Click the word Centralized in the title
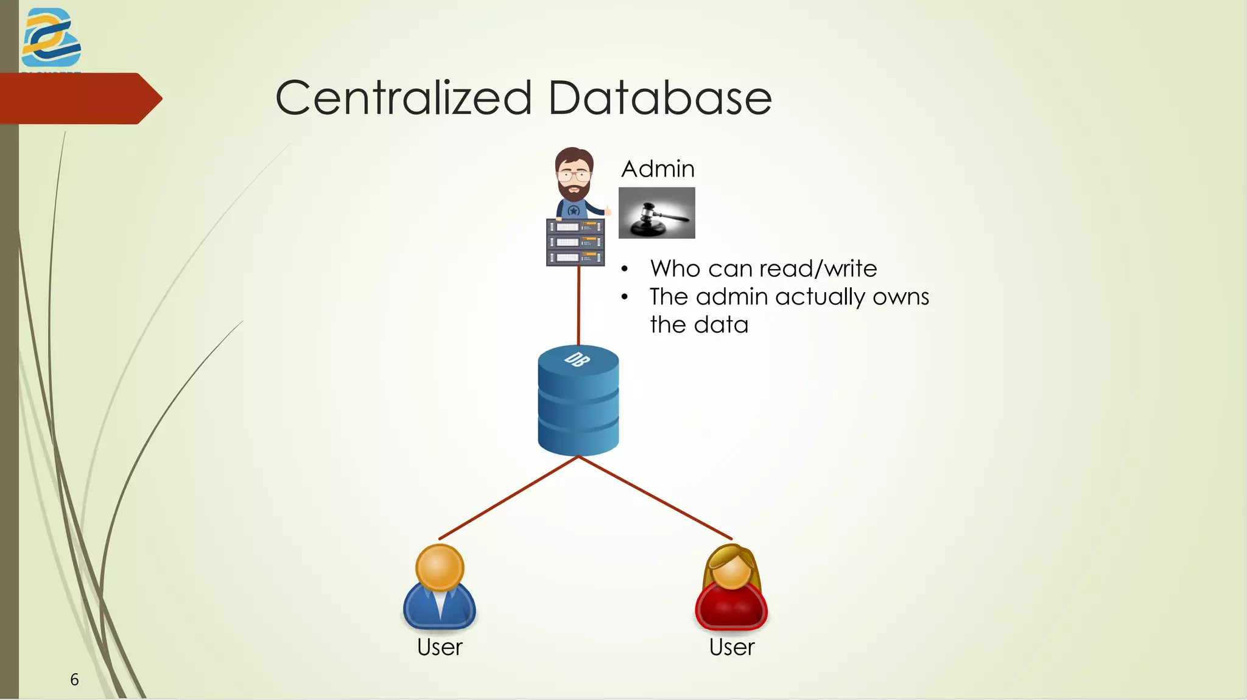[x=404, y=98]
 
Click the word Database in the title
[x=660, y=98]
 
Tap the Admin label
[x=658, y=169]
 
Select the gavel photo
[x=656, y=212]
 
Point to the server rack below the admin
[x=575, y=242]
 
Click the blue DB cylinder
[x=578, y=408]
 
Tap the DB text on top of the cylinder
[x=577, y=359]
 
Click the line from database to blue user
[x=508, y=498]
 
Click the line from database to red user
[x=655, y=498]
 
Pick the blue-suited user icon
[x=439, y=587]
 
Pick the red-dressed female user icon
[x=731, y=587]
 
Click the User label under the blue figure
[x=440, y=647]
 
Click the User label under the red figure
[x=731, y=647]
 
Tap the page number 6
[x=74, y=679]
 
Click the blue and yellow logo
[x=51, y=38]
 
